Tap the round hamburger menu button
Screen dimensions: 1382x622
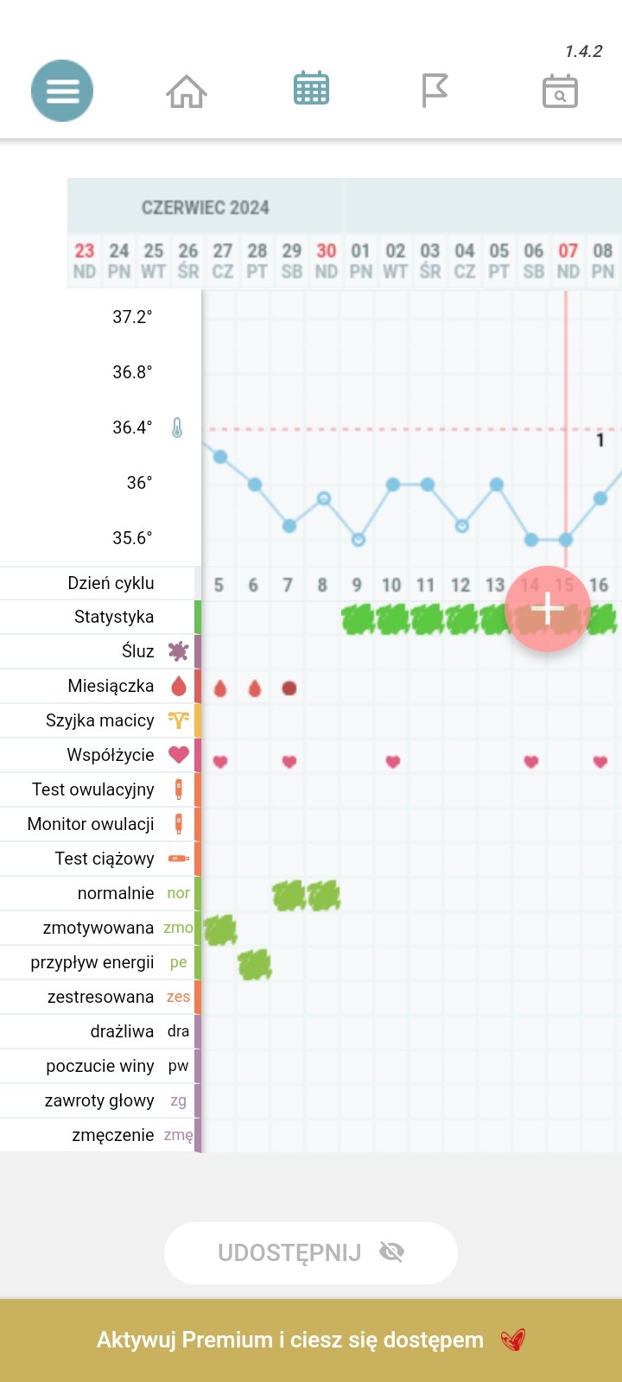(x=62, y=91)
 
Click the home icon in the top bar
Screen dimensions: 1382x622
(x=187, y=91)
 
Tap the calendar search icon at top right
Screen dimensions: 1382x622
(x=560, y=91)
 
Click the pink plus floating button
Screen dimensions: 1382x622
(x=548, y=608)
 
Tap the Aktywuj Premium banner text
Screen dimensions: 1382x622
(x=290, y=1340)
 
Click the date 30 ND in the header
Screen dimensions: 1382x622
(x=327, y=260)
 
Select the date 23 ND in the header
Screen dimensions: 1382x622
(x=85, y=260)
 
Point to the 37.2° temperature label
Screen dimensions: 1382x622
(x=132, y=317)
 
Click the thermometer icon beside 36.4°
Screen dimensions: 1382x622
(x=177, y=428)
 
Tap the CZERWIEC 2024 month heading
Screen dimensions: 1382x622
(x=206, y=208)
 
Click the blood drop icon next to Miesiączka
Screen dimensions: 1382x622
(x=179, y=686)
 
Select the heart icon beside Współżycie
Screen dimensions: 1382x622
(x=179, y=754)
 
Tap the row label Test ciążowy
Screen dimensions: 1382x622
(x=105, y=859)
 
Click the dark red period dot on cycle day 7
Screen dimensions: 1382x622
(x=289, y=688)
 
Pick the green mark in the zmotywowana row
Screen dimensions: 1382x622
(x=220, y=929)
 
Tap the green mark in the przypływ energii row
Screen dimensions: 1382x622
(x=255, y=964)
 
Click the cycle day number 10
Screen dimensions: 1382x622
(x=391, y=585)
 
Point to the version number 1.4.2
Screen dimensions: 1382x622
(x=583, y=52)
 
